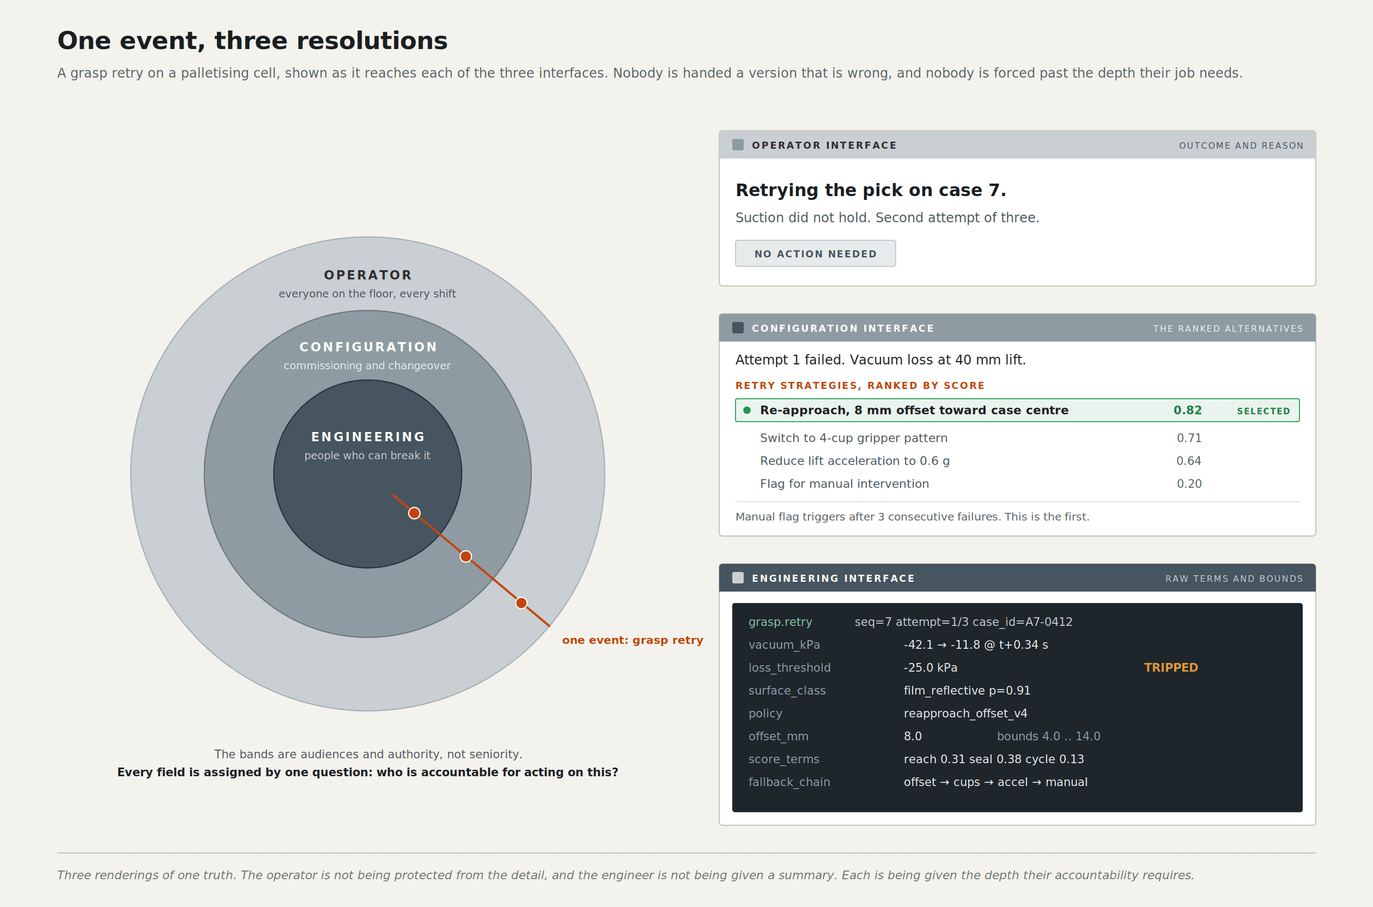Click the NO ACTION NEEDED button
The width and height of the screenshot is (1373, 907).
click(x=815, y=253)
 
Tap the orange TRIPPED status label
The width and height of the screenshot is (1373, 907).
click(x=1170, y=667)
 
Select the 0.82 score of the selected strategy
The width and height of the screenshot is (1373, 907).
click(x=1187, y=410)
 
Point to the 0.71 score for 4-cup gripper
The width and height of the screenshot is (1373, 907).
click(x=1189, y=438)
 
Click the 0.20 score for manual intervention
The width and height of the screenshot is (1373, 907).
click(x=1189, y=484)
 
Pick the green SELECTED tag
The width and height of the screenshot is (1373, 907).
click(x=1263, y=411)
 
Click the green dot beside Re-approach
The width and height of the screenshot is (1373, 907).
click(x=747, y=410)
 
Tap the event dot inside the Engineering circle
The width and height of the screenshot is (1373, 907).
click(x=414, y=513)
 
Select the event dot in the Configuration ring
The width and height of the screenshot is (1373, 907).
click(x=466, y=557)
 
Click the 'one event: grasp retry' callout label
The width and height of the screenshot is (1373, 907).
click(x=633, y=640)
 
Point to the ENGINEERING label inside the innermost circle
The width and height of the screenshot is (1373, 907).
click(x=368, y=437)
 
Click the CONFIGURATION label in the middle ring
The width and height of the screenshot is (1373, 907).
click(x=368, y=346)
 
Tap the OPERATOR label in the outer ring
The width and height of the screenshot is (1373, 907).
click(x=368, y=275)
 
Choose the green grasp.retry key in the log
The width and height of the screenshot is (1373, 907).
click(x=780, y=622)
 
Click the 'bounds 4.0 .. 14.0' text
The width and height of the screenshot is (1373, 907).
click(x=1048, y=736)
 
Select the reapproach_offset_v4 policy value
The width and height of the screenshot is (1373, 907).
click(x=965, y=713)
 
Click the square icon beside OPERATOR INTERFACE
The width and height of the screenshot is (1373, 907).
click(x=738, y=144)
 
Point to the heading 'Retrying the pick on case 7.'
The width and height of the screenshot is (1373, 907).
click(x=871, y=190)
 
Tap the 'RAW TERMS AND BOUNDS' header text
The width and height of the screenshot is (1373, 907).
click(x=1234, y=579)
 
